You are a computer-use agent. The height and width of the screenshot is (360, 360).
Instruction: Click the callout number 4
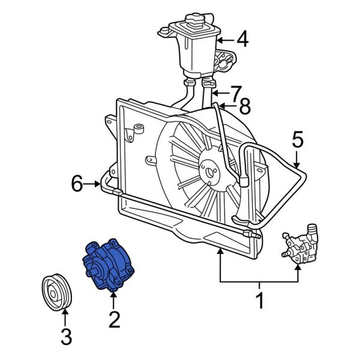coord(242,40)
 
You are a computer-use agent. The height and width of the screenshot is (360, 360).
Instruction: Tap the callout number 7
coord(236,93)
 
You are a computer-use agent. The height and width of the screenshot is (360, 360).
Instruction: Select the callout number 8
coord(243,109)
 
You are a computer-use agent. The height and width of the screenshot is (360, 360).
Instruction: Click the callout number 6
coord(77,184)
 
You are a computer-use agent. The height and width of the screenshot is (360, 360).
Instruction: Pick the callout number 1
coord(260,299)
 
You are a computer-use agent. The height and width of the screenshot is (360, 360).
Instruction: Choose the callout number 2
coord(113,319)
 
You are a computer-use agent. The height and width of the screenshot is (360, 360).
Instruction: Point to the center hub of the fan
coord(210,173)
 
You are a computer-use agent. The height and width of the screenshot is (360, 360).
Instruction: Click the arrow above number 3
coord(66,315)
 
